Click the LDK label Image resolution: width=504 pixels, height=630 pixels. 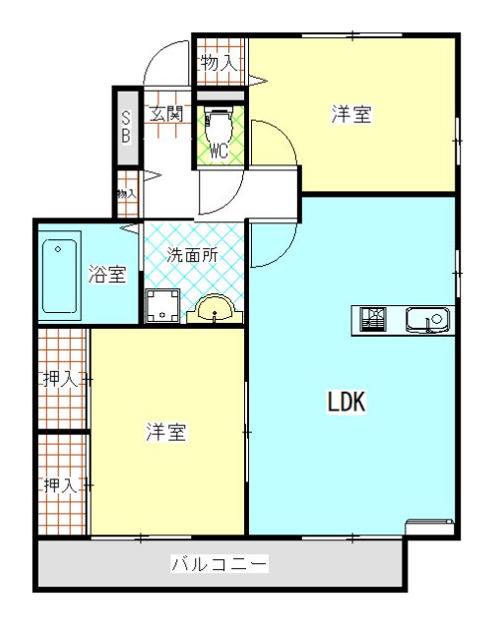346,402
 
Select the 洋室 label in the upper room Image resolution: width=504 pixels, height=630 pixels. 350,115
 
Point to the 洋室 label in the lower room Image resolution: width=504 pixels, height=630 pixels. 167,431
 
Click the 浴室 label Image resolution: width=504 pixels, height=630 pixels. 107,274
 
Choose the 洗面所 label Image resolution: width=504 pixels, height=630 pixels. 192,253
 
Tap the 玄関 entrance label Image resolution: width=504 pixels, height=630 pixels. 166,113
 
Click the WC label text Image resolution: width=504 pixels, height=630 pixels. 219,151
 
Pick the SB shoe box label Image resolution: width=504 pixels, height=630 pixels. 126,127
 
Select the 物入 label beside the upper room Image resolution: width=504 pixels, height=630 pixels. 218,63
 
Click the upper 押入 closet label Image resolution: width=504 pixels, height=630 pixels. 60,378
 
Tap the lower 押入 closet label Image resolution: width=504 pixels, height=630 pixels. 60,484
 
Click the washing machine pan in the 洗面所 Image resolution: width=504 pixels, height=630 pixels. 162,307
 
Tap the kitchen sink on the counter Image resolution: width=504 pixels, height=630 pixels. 428,320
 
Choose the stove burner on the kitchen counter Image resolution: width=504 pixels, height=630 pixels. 374,319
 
